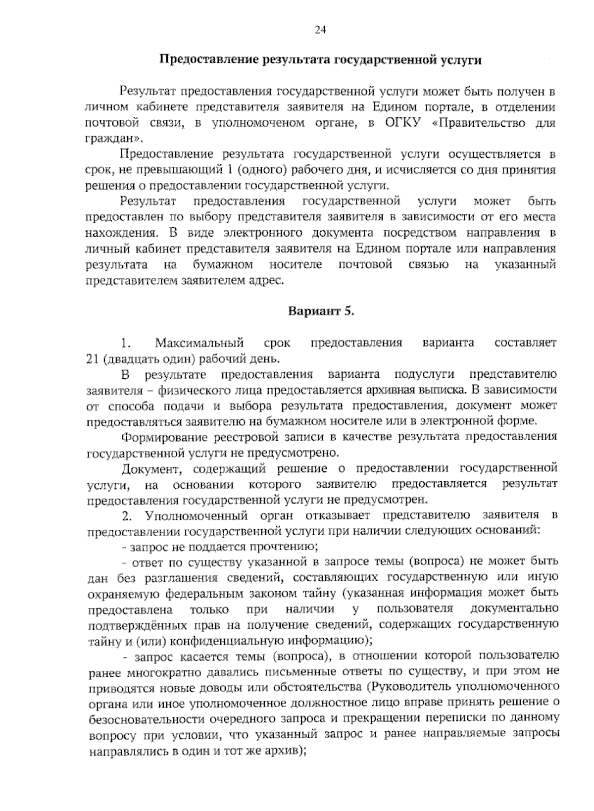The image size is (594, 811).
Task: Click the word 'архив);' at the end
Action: [x=288, y=750]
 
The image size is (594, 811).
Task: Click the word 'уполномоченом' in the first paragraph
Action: [x=257, y=123]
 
